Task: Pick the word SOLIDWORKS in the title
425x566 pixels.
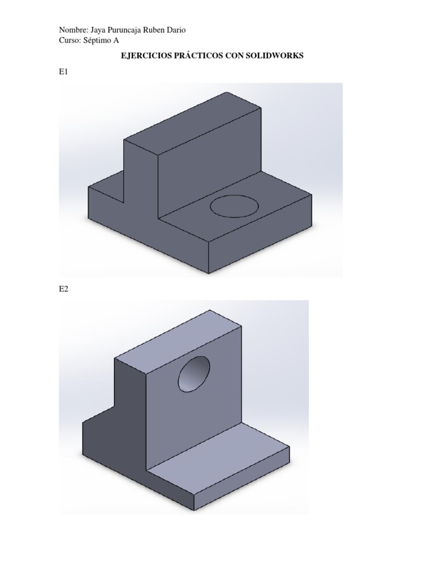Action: (x=273, y=56)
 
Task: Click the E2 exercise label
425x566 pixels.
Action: (x=64, y=289)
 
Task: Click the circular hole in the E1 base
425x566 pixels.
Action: (x=234, y=206)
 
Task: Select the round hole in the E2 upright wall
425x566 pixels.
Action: (x=194, y=374)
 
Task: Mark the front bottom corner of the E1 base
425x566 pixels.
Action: (x=208, y=272)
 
